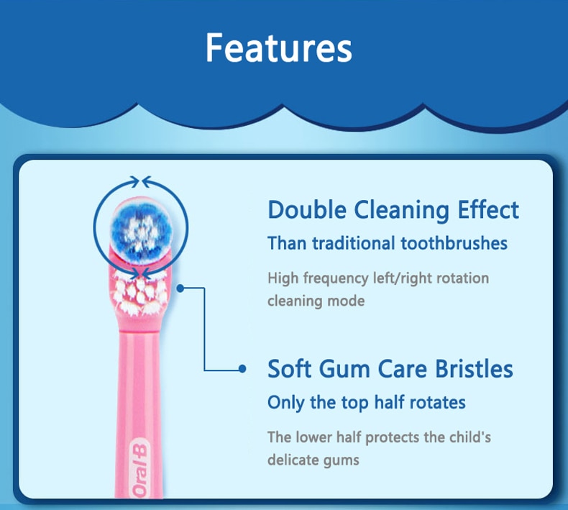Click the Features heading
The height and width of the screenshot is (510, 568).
tap(278, 48)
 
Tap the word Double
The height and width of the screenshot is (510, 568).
tap(307, 210)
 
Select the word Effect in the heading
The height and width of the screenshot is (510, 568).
tap(488, 209)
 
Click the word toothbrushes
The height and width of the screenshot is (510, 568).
tap(454, 243)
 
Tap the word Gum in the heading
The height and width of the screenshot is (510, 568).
tap(345, 369)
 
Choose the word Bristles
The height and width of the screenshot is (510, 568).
tap(474, 369)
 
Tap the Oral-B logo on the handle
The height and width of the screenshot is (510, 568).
tap(139, 468)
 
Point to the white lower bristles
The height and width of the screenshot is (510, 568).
tap(139, 293)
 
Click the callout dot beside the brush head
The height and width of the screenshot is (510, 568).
tap(180, 288)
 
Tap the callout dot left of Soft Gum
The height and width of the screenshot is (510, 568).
tap(242, 369)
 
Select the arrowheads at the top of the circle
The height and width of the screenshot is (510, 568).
tap(140, 181)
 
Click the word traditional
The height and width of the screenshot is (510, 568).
tap(354, 243)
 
